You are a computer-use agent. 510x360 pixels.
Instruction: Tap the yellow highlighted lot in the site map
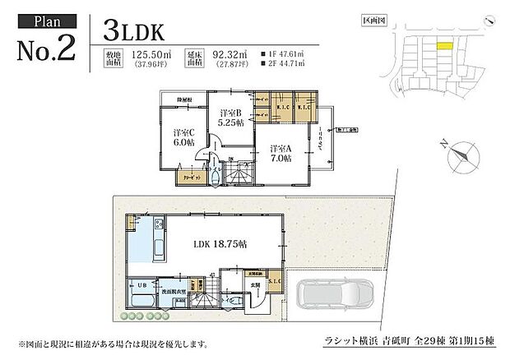coord(445,48)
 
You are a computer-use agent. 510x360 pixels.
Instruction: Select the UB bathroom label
coord(141,285)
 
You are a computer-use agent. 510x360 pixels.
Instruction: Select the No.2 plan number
coord(45,47)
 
